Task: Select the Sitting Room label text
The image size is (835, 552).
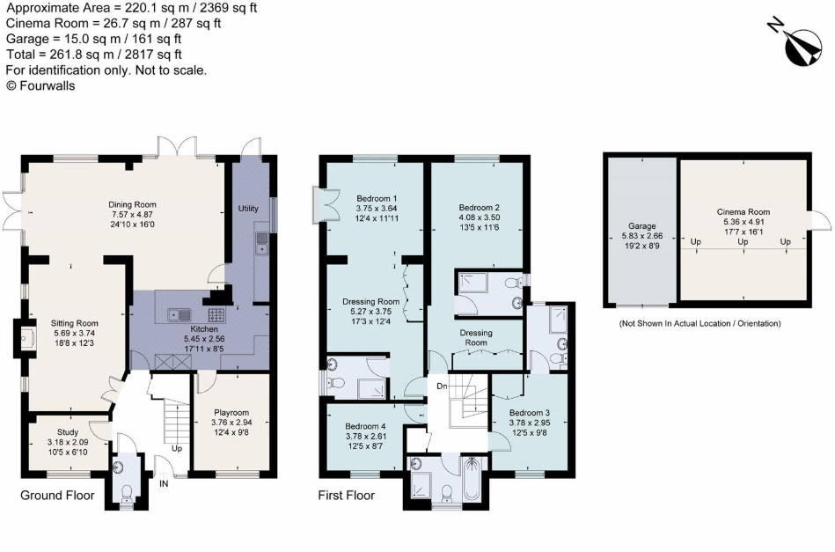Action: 77,323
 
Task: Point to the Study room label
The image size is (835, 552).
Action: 68,431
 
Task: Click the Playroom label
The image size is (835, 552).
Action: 231,412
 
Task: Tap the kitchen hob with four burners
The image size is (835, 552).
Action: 216,313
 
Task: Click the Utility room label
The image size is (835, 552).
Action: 248,208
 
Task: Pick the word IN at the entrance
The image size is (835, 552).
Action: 163,483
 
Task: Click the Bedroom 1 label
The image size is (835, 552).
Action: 377,197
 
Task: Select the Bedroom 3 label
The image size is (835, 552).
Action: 531,412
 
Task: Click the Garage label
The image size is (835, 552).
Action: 640,225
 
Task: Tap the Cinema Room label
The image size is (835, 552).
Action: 743,211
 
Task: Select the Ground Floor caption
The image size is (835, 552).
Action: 57,496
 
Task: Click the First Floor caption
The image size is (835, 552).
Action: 346,496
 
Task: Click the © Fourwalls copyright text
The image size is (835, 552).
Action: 40,85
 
